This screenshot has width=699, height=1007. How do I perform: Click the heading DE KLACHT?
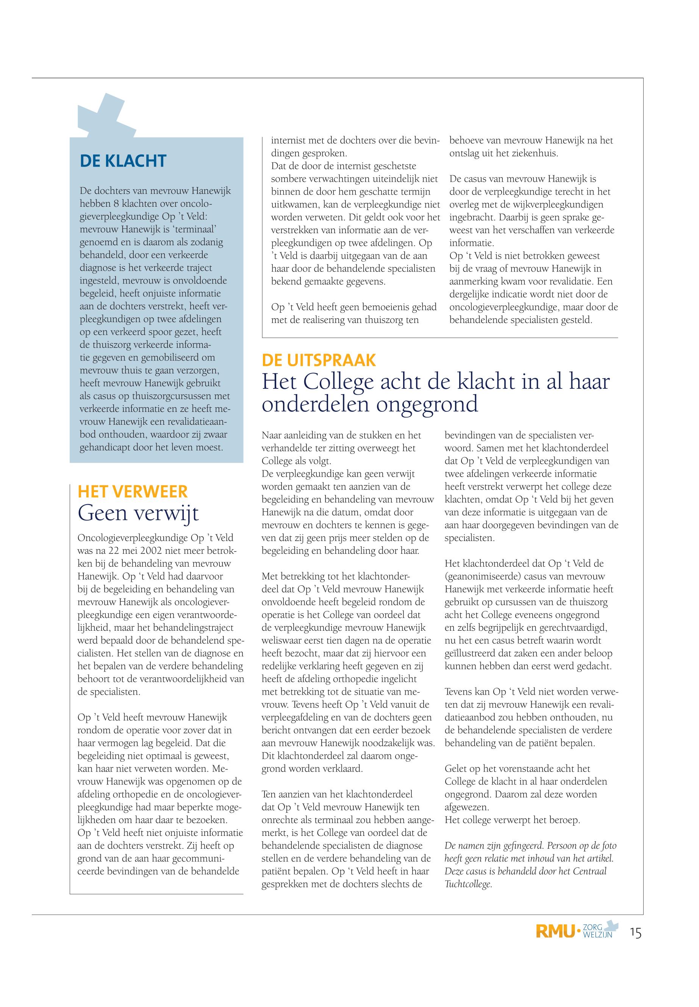point(123,161)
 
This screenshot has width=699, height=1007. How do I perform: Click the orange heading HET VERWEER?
point(132,491)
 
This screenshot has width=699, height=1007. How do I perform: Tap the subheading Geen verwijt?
point(138,513)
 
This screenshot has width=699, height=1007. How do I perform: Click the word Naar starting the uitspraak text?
point(272,435)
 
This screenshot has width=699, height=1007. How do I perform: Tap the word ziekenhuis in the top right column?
point(534,154)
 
